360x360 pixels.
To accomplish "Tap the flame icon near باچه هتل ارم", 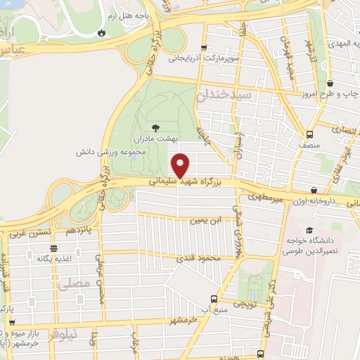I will pos(103,32).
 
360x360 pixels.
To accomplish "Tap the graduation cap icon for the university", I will pos(309,230).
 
